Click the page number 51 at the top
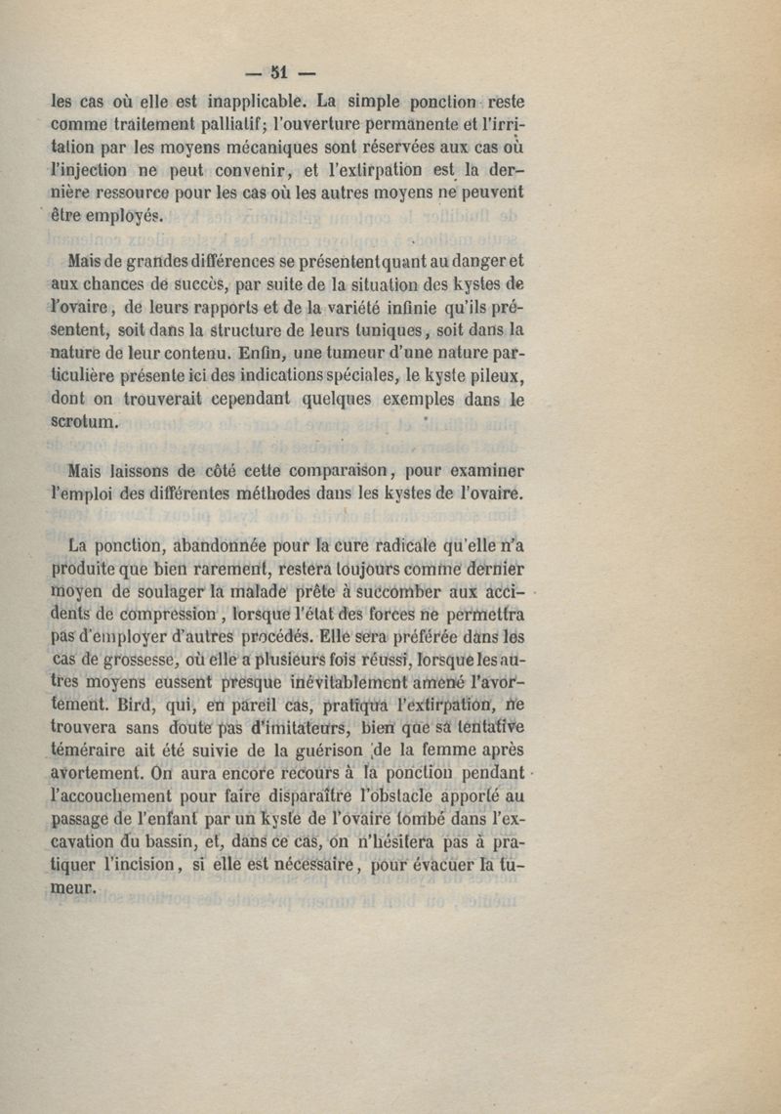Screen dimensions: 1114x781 pos(279,71)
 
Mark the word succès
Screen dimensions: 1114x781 pos(226,285)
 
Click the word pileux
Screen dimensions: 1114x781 pos(493,376)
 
